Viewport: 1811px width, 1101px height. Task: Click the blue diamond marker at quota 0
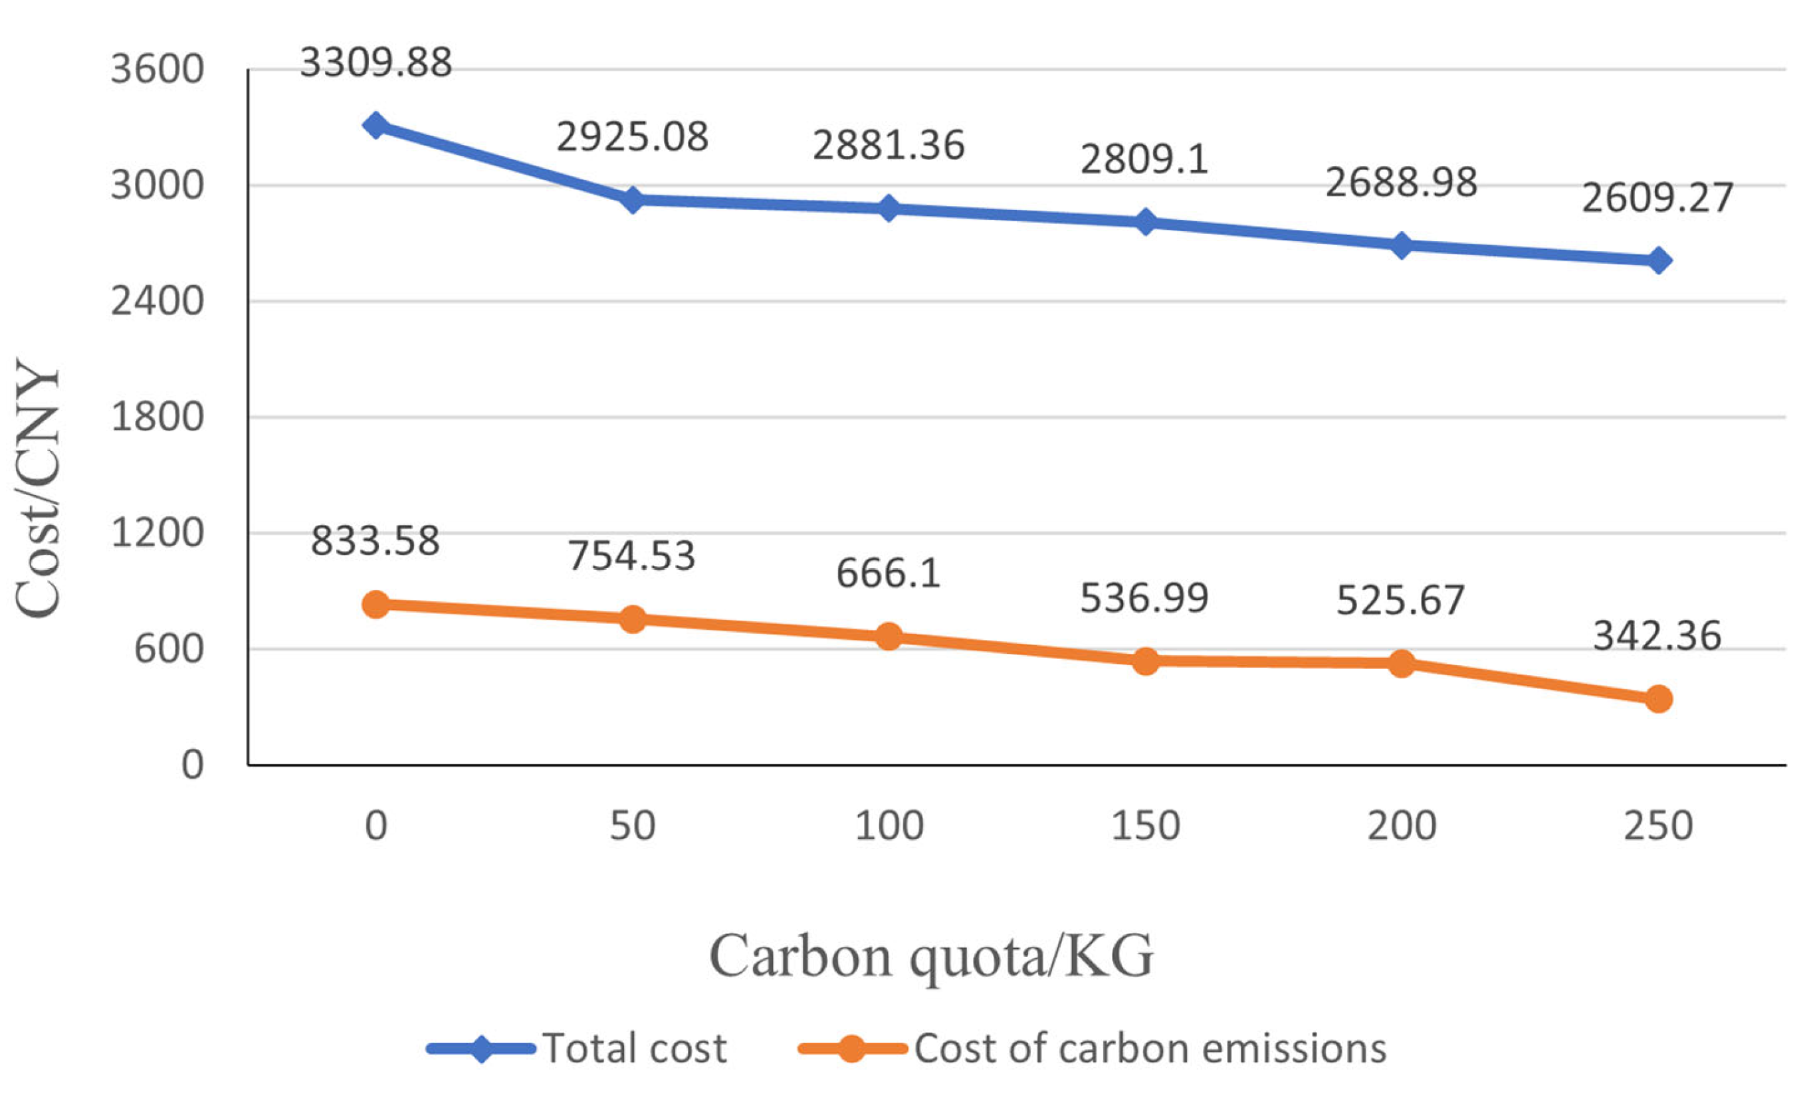coord(375,125)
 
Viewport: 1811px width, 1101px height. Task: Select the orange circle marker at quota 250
coord(1658,699)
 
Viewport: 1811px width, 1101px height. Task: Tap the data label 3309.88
coord(375,62)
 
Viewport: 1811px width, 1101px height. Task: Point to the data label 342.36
coord(1657,636)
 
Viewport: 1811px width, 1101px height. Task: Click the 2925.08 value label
coord(632,137)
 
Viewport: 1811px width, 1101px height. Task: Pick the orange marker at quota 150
coord(1145,660)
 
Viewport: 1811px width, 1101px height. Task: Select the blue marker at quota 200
coord(1402,245)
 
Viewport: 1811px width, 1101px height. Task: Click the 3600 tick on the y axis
coord(157,70)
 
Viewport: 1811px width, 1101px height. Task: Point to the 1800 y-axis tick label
coord(157,417)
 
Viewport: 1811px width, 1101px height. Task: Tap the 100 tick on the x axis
coord(889,826)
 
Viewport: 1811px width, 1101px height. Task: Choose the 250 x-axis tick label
coord(1658,826)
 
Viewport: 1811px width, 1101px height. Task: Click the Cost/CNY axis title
coord(37,489)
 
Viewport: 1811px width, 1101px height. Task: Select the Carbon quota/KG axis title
coord(931,956)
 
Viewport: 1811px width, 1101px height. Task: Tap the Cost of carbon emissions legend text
coord(1150,1048)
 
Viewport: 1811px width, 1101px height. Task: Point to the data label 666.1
coord(889,573)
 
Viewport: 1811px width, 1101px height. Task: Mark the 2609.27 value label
coord(1657,199)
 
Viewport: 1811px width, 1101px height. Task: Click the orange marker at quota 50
coord(632,619)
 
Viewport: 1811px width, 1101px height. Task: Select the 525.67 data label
coord(1400,601)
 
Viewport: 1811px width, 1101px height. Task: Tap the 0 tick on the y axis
coord(192,766)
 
